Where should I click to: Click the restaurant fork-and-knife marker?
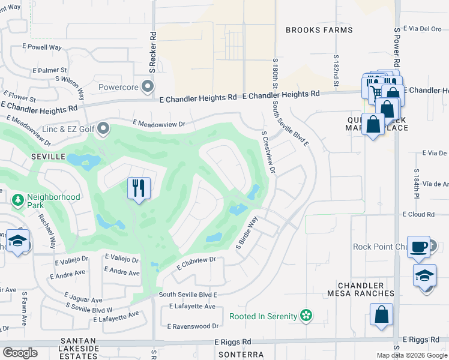point(139,189)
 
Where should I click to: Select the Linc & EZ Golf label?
point(69,128)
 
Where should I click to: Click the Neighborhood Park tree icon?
point(18,199)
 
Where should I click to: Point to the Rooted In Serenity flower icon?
point(306,316)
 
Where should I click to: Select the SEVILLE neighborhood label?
point(47,156)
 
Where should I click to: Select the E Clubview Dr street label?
point(196,263)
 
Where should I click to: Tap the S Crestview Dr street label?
point(268,152)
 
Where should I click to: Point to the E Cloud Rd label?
point(418,214)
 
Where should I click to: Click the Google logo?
point(20,353)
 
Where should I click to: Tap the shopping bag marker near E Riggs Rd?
point(381,315)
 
